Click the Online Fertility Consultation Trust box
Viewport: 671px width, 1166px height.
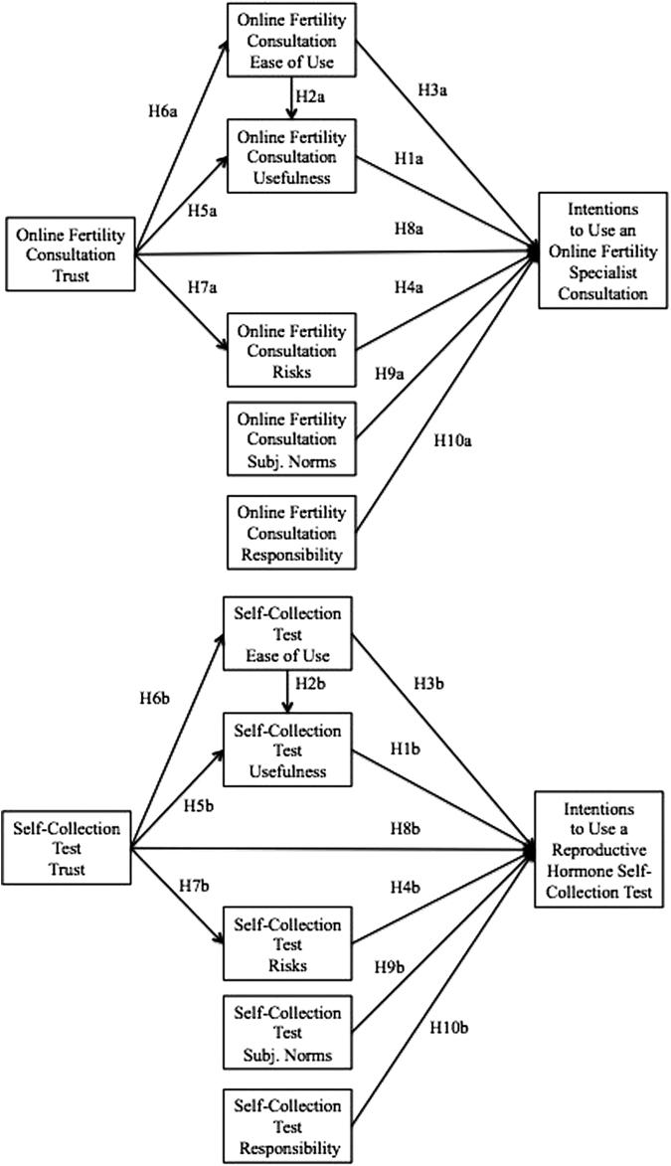pos(69,253)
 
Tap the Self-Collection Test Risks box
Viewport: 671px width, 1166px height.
pos(288,944)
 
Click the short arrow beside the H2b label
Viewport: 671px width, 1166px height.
pos(288,692)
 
